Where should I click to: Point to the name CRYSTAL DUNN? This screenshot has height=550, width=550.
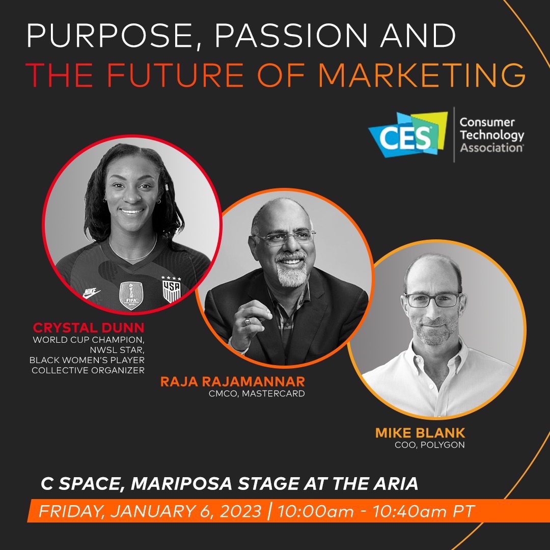coord(89,326)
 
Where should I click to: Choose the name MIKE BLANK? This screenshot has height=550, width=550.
coord(420,433)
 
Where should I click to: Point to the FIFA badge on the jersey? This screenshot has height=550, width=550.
coord(131,295)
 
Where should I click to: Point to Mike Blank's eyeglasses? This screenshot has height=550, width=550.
coord(433,299)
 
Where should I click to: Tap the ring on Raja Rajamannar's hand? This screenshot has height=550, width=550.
coord(247,321)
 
